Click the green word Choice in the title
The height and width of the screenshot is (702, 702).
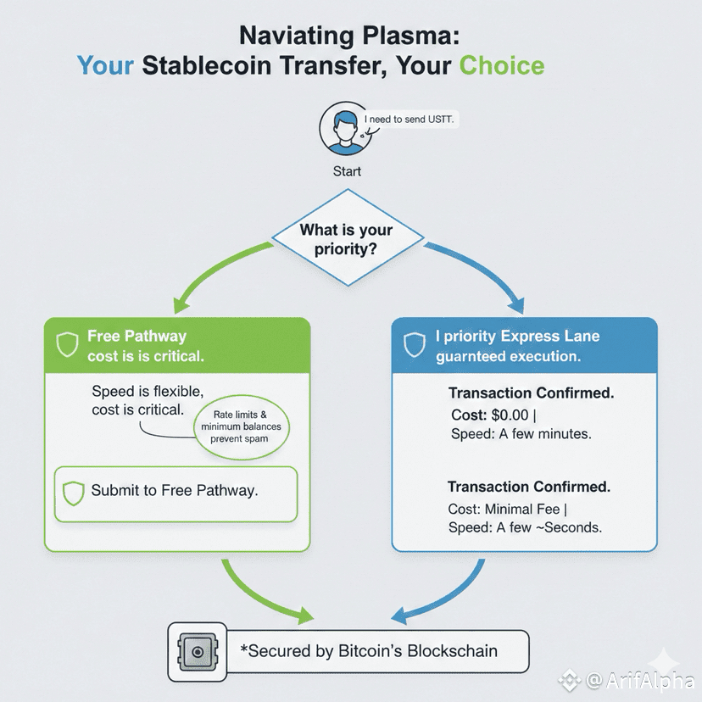(501, 65)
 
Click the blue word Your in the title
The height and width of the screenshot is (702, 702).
(105, 65)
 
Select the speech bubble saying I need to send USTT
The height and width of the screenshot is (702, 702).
(409, 120)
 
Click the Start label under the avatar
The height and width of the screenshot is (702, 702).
(347, 171)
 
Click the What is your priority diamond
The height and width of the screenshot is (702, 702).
(348, 237)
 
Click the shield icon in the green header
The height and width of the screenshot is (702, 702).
(67, 345)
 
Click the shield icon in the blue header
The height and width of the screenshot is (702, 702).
(414, 345)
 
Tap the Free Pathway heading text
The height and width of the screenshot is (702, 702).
(136, 336)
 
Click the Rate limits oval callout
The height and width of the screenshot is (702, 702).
(242, 426)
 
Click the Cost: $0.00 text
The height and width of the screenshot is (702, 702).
(493, 415)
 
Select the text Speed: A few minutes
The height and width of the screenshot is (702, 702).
(521, 434)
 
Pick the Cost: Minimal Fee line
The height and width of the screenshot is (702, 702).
(508, 509)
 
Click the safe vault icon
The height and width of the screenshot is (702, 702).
(197, 652)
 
